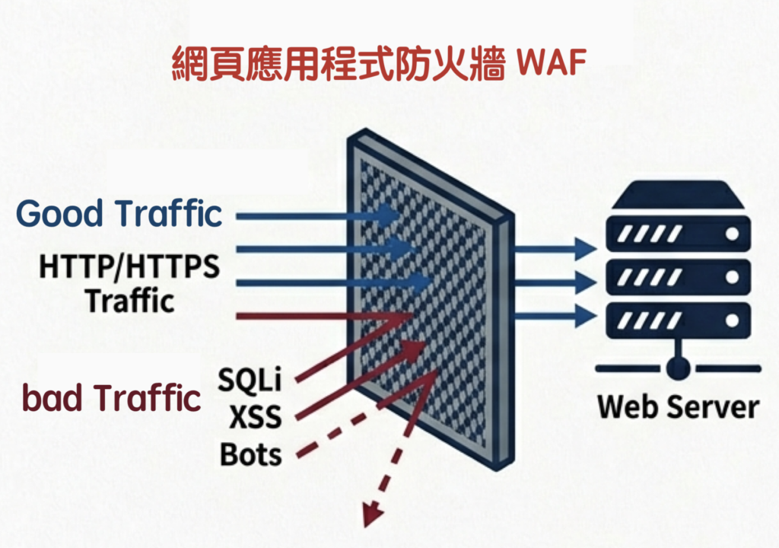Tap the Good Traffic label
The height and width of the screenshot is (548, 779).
(x=119, y=214)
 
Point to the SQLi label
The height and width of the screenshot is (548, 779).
(x=250, y=378)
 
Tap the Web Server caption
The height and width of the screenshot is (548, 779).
(x=678, y=406)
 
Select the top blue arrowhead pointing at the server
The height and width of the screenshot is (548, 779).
(x=584, y=247)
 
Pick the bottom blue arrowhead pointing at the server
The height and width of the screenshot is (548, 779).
(x=584, y=314)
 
